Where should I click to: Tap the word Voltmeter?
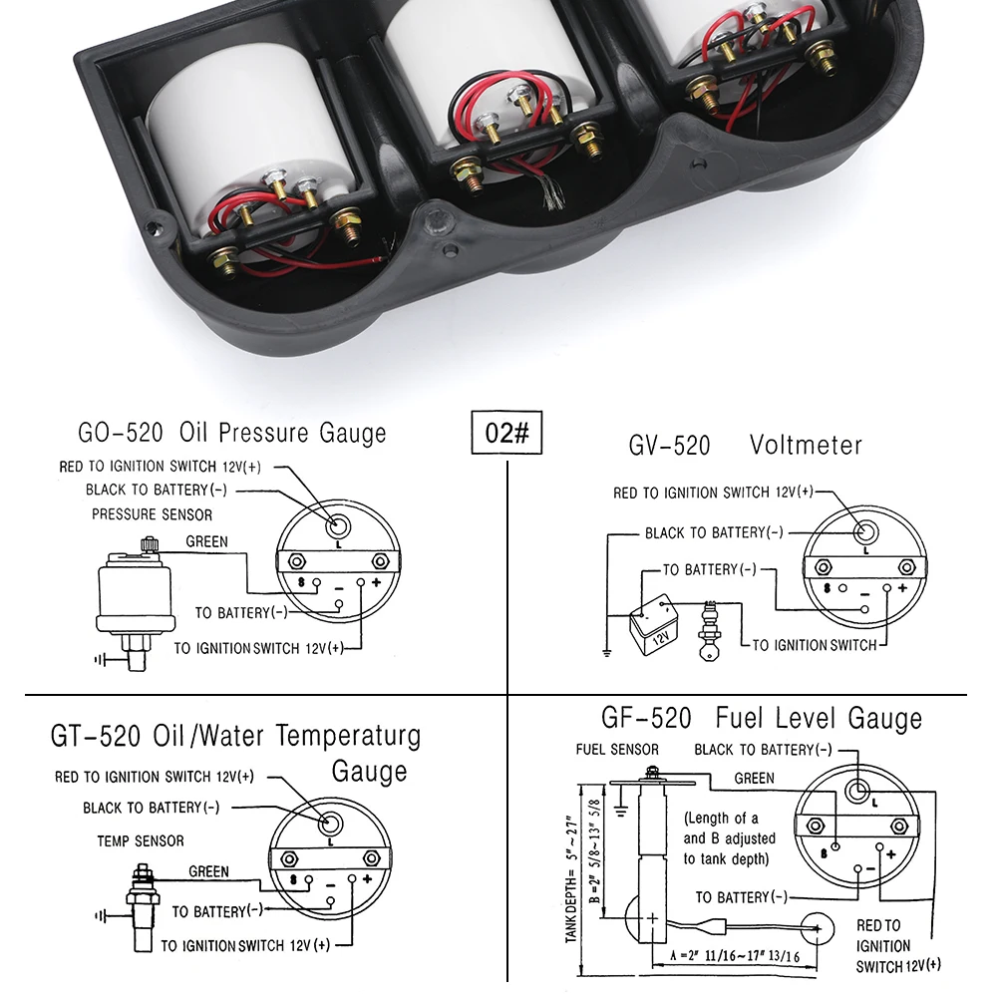(806, 445)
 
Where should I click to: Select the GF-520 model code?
(645, 718)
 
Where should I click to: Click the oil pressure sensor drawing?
(135, 598)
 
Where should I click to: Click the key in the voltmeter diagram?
(711, 628)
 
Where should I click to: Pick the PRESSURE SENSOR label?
(152, 514)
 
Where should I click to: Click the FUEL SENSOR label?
(617, 750)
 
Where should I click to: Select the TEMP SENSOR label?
(141, 841)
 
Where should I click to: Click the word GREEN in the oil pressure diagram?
(207, 542)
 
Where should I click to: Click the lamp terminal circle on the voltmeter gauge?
(863, 531)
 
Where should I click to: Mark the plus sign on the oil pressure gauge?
(376, 583)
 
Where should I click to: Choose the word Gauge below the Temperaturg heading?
(369, 773)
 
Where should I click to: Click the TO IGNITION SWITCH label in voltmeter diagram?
(814, 645)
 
